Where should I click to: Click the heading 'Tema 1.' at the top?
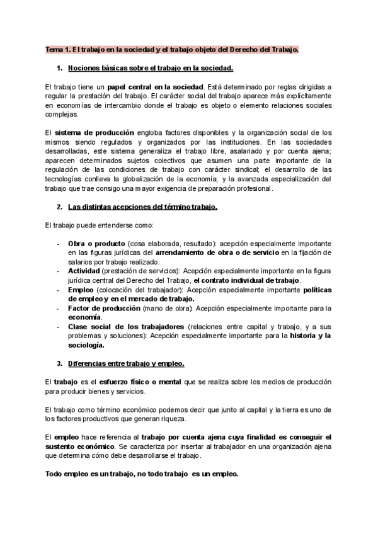click(58, 48)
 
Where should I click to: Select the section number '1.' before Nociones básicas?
click(60, 67)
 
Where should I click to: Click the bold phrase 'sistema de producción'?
click(94, 133)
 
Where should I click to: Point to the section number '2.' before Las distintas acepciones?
click(60, 207)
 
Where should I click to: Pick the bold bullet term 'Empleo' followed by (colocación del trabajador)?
click(81, 290)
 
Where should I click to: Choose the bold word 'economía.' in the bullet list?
click(85, 318)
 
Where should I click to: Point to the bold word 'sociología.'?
click(86, 345)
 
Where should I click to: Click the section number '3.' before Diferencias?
click(60, 364)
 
